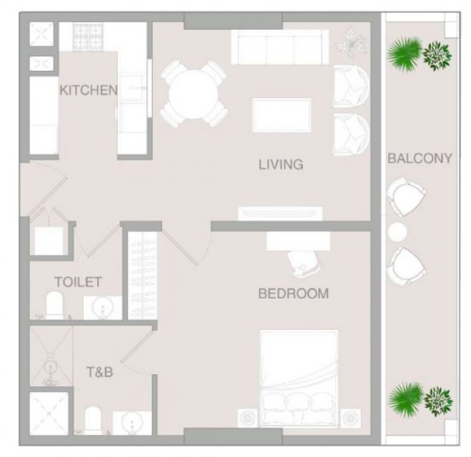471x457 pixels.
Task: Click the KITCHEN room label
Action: click(x=89, y=90)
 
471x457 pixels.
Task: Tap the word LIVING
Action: click(x=281, y=164)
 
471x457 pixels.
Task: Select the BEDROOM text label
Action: click(x=294, y=293)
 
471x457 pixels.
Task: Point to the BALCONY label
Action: click(x=420, y=158)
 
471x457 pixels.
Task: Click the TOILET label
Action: click(x=78, y=282)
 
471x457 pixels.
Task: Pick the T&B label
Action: click(x=100, y=372)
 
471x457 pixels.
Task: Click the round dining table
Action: click(x=194, y=94)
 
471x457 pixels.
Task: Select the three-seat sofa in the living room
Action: click(x=280, y=47)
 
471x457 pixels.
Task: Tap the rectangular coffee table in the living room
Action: click(x=282, y=115)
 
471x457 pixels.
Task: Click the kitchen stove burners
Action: click(x=88, y=35)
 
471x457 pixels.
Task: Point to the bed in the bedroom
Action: click(x=299, y=378)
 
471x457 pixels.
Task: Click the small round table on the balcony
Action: click(x=397, y=231)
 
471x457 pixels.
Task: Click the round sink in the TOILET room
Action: click(x=103, y=308)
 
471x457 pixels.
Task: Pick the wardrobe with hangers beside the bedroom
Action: click(x=142, y=275)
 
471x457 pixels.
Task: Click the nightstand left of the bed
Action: click(x=247, y=418)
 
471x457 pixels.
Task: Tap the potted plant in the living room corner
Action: click(x=351, y=42)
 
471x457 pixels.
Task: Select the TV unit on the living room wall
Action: click(x=281, y=214)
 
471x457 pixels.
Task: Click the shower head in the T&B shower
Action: click(x=51, y=368)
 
